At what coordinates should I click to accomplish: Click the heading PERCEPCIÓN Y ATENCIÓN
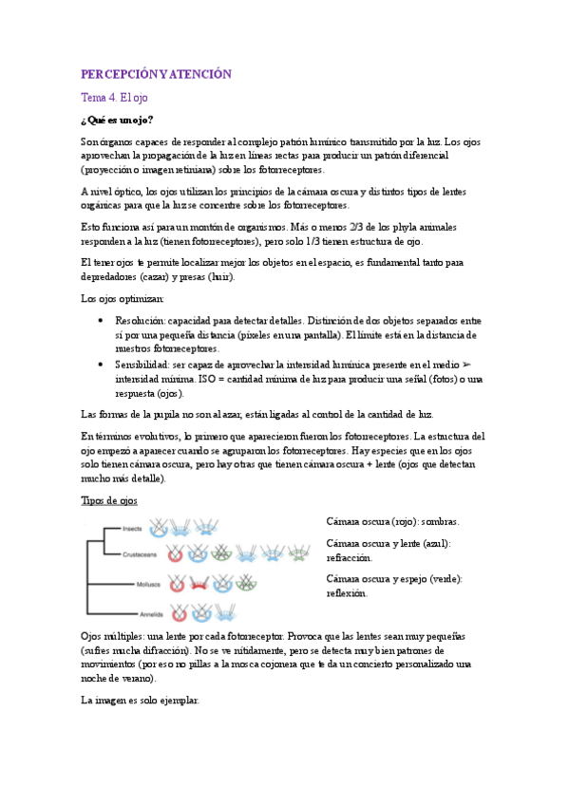(x=156, y=73)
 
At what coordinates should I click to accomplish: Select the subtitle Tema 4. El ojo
(x=114, y=97)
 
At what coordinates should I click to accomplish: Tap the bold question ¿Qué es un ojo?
(x=117, y=120)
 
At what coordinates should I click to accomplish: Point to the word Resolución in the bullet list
(x=139, y=321)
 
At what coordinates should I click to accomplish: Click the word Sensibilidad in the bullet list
(x=142, y=365)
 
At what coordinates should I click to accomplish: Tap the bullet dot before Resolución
(x=101, y=321)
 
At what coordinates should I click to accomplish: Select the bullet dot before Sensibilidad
(x=101, y=365)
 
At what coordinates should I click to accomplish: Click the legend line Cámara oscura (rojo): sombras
(x=392, y=522)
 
